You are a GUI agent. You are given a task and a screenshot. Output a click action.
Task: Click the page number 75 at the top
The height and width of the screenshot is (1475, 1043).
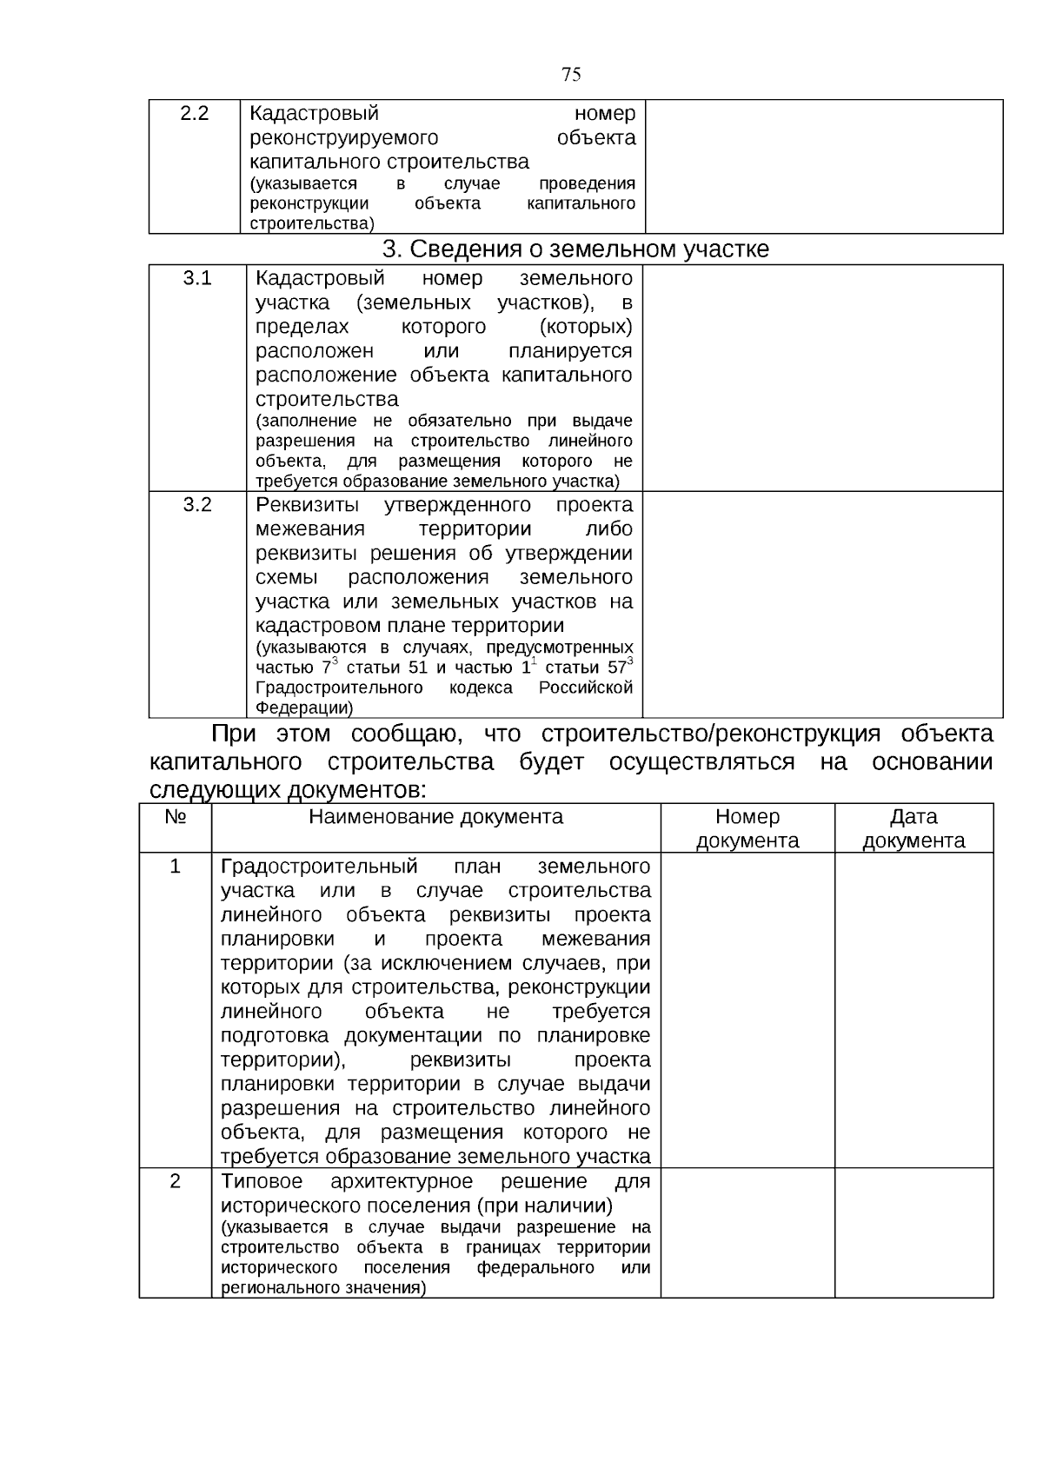click(571, 75)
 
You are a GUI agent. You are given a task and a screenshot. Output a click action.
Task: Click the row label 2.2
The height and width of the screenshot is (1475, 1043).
click(194, 114)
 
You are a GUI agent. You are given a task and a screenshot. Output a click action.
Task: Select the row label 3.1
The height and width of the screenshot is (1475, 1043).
click(197, 278)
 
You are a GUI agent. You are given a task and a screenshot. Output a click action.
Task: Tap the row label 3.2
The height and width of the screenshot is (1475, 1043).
click(197, 505)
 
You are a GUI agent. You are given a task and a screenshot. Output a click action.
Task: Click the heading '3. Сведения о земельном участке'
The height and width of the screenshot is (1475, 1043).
click(576, 249)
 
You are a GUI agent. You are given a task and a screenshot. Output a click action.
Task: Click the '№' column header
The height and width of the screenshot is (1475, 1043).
click(175, 817)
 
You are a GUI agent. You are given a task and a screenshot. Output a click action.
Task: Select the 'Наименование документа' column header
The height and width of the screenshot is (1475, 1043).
click(435, 817)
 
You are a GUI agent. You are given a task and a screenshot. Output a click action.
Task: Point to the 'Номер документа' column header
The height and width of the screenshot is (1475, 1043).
click(747, 828)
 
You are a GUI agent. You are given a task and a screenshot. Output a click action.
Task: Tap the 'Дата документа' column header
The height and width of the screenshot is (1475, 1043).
click(913, 828)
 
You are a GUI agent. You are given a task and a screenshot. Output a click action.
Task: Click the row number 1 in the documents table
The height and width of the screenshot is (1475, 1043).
click(175, 867)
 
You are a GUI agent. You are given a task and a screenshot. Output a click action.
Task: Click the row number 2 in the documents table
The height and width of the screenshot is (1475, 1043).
click(175, 1181)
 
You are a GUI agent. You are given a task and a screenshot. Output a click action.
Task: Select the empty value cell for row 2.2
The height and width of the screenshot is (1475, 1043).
click(824, 167)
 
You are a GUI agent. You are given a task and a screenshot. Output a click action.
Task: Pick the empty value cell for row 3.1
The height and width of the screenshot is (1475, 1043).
click(822, 378)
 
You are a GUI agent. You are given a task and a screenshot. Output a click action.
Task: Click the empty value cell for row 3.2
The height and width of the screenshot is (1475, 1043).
click(822, 604)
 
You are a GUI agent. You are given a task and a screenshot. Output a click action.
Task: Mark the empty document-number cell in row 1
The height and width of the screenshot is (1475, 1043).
click(747, 1010)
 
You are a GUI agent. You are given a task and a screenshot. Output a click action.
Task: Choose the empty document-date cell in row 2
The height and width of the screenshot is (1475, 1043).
click(913, 1232)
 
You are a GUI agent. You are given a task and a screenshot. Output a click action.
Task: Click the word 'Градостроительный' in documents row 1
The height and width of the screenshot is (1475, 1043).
click(319, 867)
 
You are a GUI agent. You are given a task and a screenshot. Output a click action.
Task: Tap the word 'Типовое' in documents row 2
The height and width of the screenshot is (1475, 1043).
click(262, 1181)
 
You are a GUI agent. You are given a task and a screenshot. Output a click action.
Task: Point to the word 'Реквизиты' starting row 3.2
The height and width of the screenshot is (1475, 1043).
click(308, 505)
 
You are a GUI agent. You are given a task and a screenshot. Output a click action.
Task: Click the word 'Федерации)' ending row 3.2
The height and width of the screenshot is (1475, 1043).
click(304, 708)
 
